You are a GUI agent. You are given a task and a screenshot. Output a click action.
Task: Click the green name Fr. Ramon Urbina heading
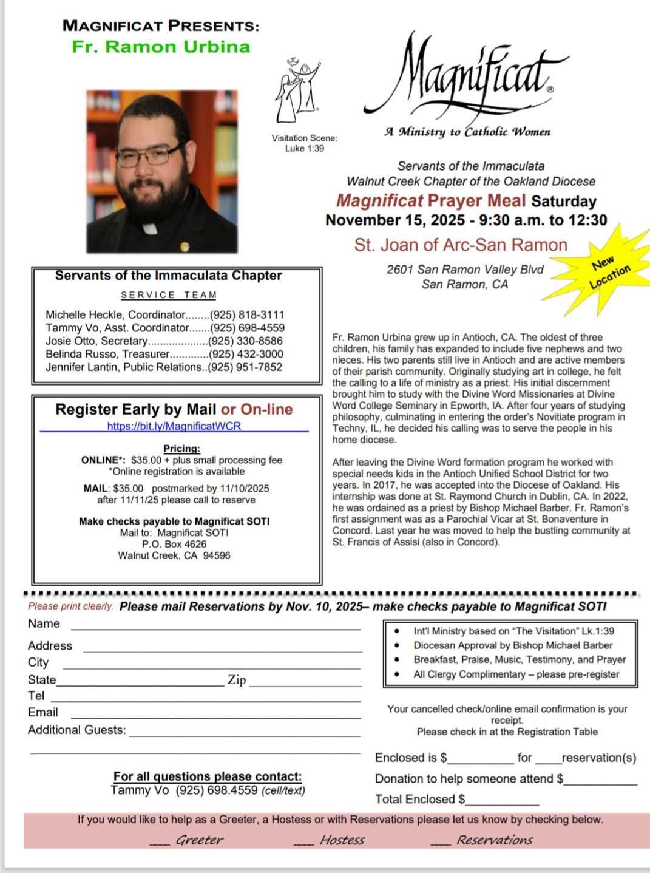[x=161, y=47]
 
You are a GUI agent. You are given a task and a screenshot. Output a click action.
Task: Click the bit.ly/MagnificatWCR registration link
[x=174, y=426]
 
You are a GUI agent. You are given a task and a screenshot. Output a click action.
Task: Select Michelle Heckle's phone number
[x=247, y=315]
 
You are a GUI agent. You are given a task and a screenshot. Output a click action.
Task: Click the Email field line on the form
[x=215, y=717]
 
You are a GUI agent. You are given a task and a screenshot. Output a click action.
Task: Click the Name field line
[x=215, y=628]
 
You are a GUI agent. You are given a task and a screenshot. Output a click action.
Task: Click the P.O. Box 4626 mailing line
[x=174, y=544]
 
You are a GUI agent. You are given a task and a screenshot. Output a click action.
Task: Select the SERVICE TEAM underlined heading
[x=169, y=295]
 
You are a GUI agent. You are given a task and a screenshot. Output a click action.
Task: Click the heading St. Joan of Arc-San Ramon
[x=461, y=245]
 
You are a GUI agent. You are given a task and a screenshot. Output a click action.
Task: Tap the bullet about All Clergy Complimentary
[x=516, y=674]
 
